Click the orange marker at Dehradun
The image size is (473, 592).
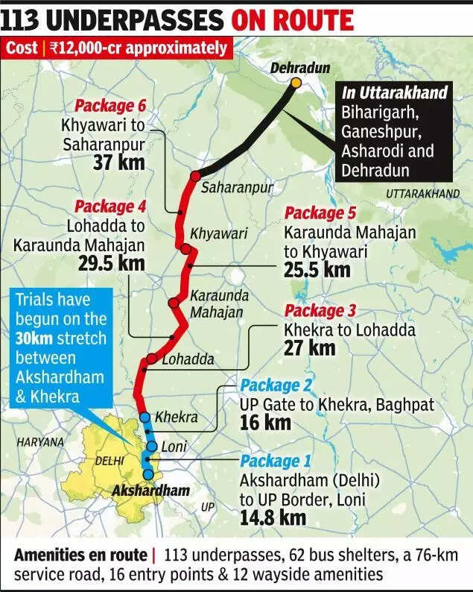296,82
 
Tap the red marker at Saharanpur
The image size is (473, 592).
195,176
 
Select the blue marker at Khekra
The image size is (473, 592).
145,417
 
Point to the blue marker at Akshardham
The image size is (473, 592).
148,474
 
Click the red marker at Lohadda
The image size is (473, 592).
151,359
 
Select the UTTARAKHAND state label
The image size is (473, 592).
422,194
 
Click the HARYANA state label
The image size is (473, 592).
40,442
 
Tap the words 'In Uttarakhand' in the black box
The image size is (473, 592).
395,93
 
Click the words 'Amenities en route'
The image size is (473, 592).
80,555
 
